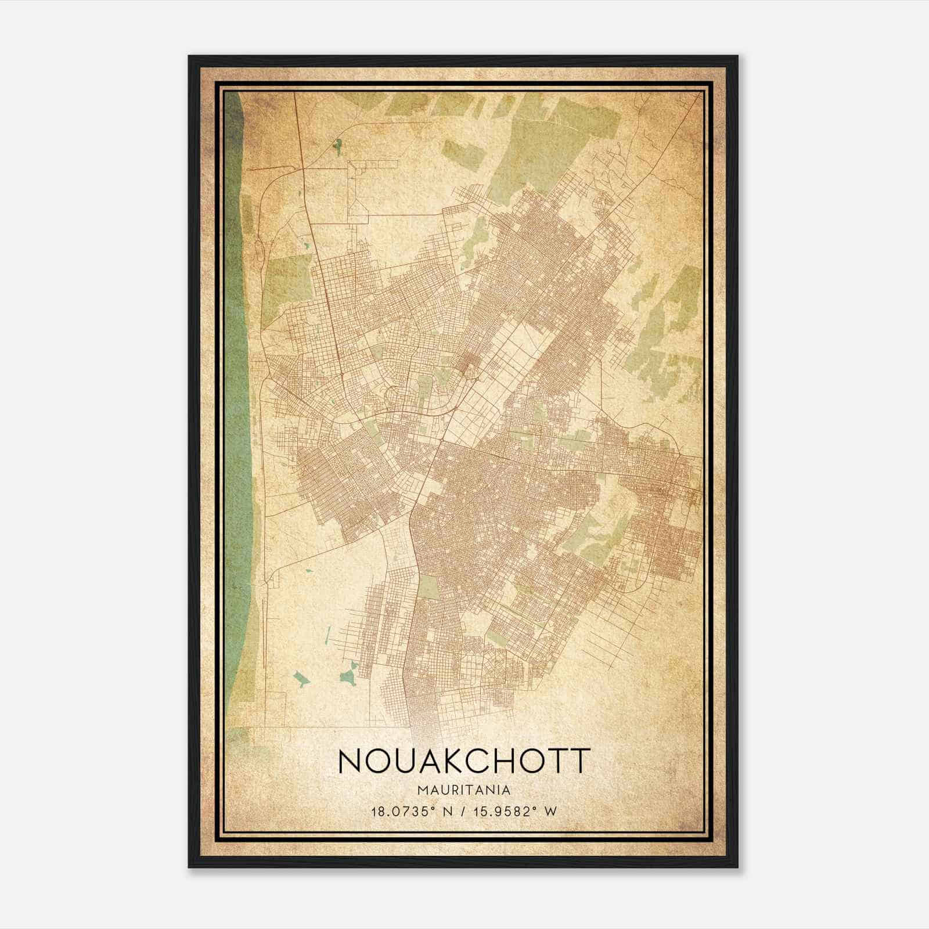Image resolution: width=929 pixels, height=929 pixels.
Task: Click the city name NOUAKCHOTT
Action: coord(464,761)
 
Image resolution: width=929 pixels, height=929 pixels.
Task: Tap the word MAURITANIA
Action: coord(464,790)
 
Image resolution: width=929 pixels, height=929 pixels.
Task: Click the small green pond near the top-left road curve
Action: coord(337,146)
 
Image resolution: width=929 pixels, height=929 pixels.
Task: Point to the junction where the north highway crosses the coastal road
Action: coord(300,168)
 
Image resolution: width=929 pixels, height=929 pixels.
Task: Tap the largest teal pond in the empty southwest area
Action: coord(349,674)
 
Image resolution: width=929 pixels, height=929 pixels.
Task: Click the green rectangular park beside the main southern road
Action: coord(430,586)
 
